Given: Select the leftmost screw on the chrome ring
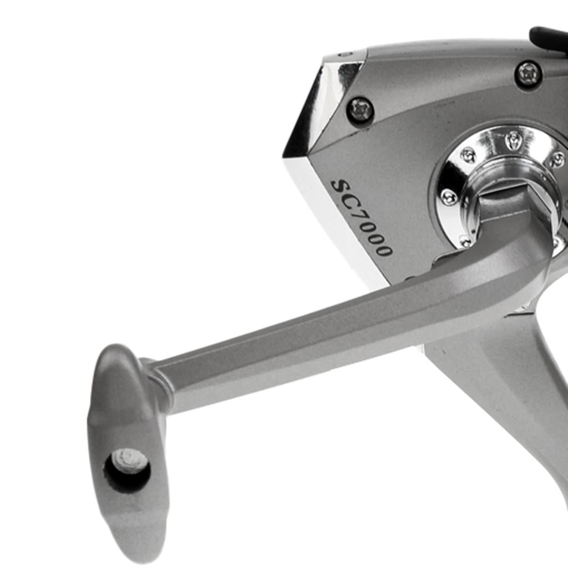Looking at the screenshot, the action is [449, 196].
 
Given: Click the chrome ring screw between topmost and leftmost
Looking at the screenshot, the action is [468, 156].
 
